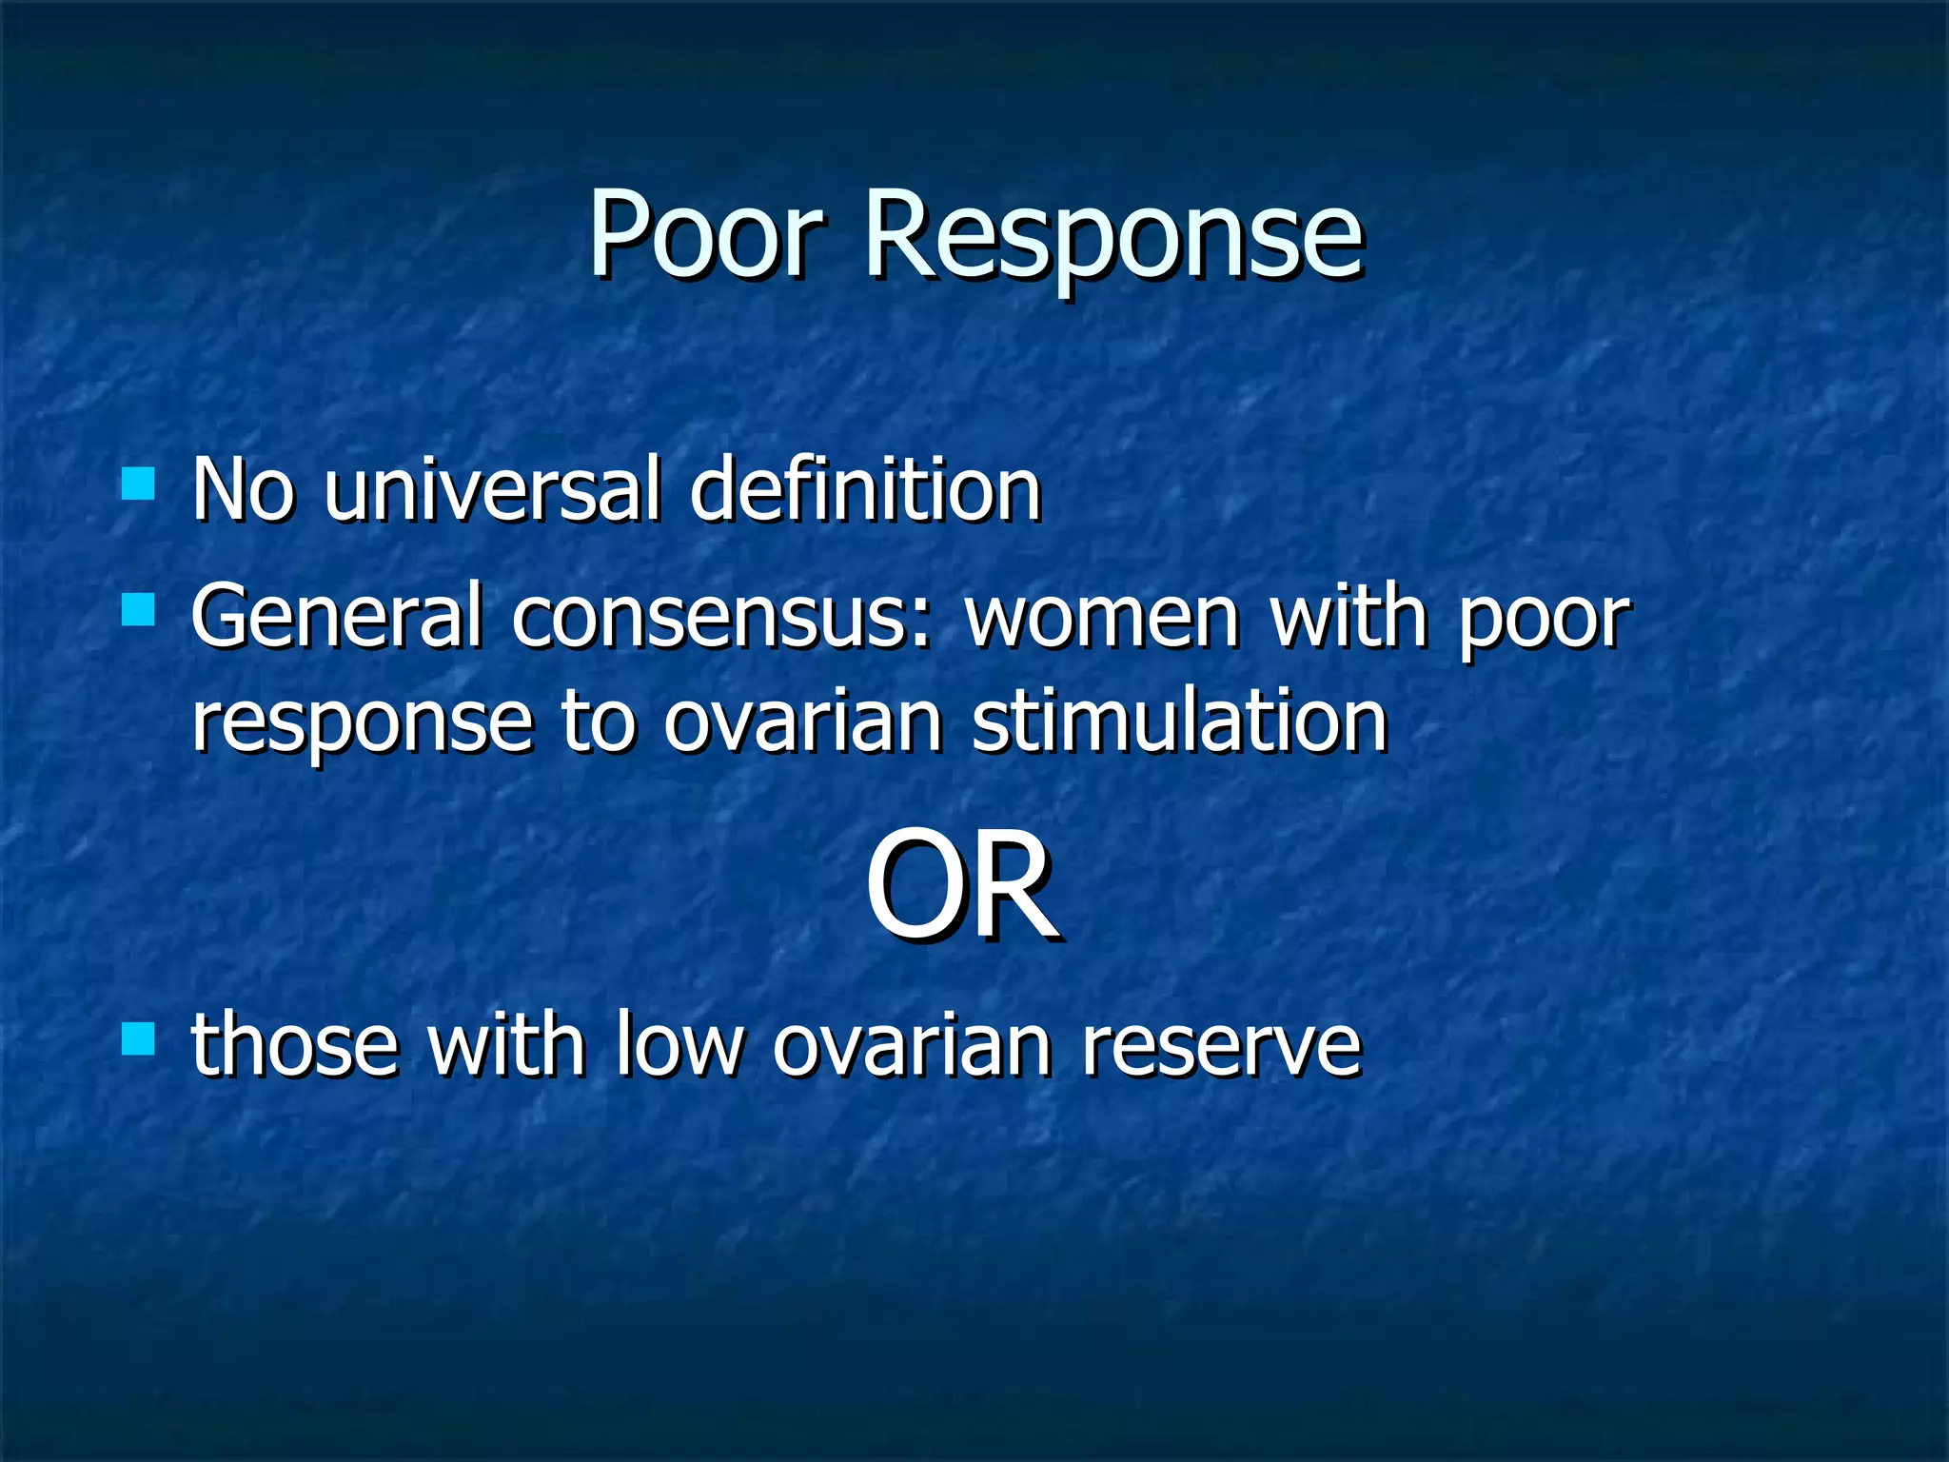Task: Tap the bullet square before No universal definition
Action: coord(139,483)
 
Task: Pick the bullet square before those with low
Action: coord(139,1038)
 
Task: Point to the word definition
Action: coord(865,489)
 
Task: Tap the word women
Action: coord(1103,617)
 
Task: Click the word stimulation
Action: coord(1179,721)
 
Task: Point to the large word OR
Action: coord(961,885)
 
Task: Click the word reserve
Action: coord(1222,1046)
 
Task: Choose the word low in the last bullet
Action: coord(679,1046)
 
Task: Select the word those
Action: coord(294,1046)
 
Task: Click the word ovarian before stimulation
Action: coord(802,721)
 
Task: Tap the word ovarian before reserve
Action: coord(912,1046)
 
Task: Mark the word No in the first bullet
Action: coord(242,489)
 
